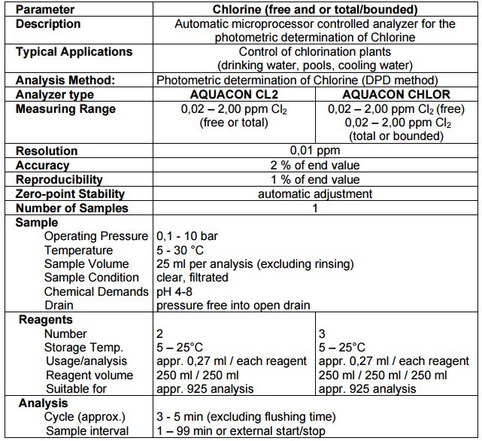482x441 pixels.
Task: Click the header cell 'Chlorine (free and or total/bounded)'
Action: coord(314,10)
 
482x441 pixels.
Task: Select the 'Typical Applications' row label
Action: coord(74,52)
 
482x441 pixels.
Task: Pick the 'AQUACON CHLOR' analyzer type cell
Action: coord(396,95)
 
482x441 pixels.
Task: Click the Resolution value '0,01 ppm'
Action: coord(314,151)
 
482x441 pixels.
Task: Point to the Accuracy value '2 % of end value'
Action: coord(314,165)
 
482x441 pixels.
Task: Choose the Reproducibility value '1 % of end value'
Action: coord(314,179)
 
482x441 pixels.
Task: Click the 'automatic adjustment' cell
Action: coord(314,193)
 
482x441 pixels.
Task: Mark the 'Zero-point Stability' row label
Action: coord(69,193)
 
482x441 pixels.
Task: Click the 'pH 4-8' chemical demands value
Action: coord(175,291)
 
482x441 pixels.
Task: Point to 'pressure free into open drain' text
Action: coord(232,306)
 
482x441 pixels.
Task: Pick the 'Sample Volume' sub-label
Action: coord(86,264)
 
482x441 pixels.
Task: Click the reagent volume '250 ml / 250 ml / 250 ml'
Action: coord(383,375)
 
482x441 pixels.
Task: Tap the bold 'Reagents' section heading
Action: coord(45,320)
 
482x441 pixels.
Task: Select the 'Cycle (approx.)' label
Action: coord(84,416)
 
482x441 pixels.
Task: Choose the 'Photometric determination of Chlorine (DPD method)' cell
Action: coord(297,81)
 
